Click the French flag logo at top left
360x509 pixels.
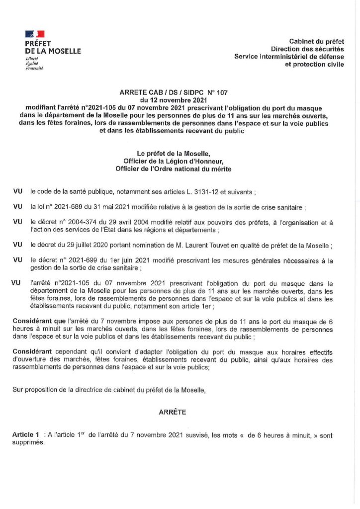pyautogui.click(x=35, y=34)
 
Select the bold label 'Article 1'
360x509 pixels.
pyautogui.click(x=25, y=435)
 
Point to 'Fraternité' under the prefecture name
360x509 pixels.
pyautogui.click(x=35, y=68)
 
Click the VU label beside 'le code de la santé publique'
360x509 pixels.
pyautogui.click(x=17, y=191)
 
